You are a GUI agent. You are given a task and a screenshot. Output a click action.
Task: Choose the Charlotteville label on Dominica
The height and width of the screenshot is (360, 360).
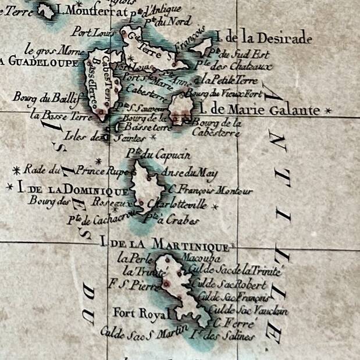178,205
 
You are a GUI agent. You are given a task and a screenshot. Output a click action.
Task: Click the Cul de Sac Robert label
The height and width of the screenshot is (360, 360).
231,285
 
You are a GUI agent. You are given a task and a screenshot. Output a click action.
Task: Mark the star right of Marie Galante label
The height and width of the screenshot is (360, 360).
329,110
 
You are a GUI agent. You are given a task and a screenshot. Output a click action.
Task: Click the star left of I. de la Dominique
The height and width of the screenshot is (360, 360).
9,187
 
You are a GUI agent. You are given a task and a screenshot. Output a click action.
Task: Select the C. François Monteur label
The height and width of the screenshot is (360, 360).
210,191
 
